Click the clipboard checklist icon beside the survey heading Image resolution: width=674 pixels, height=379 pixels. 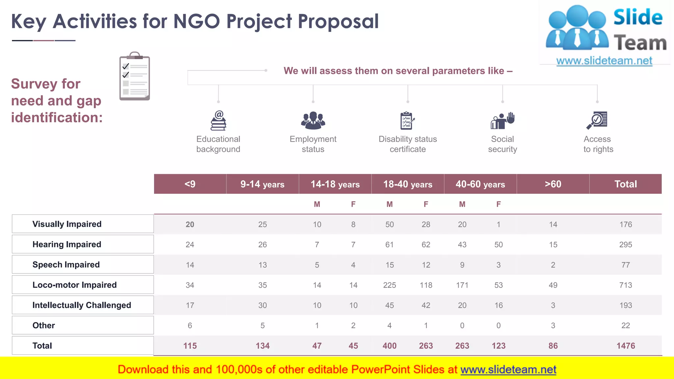(x=135, y=76)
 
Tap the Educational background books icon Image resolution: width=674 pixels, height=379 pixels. (x=219, y=121)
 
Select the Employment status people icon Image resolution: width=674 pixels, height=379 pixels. (x=313, y=120)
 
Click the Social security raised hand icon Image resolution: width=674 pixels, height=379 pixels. (x=503, y=121)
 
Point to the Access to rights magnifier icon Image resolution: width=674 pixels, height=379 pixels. (x=597, y=120)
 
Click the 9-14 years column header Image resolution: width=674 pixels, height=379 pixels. (x=262, y=184)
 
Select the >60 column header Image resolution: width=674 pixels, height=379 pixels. (x=553, y=184)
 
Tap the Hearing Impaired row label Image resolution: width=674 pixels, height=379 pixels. (x=67, y=244)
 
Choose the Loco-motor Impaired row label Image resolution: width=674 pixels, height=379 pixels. (x=74, y=285)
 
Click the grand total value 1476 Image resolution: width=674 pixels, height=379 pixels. (x=626, y=346)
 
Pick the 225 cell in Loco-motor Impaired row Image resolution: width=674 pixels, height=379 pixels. (x=390, y=285)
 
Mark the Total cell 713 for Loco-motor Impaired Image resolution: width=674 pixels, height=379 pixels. (x=626, y=285)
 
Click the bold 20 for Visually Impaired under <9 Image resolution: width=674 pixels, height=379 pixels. (x=190, y=224)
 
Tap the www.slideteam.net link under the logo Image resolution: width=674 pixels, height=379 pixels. (x=604, y=61)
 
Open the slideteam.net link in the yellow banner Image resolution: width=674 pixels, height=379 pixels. (x=508, y=370)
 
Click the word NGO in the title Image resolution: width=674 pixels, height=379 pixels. (x=196, y=21)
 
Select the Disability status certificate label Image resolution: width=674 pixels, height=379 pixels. (x=408, y=144)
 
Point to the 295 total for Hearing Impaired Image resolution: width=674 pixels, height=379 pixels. (x=626, y=245)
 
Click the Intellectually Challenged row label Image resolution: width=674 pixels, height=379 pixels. (x=82, y=305)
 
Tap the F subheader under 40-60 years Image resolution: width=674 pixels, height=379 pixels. (x=499, y=204)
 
